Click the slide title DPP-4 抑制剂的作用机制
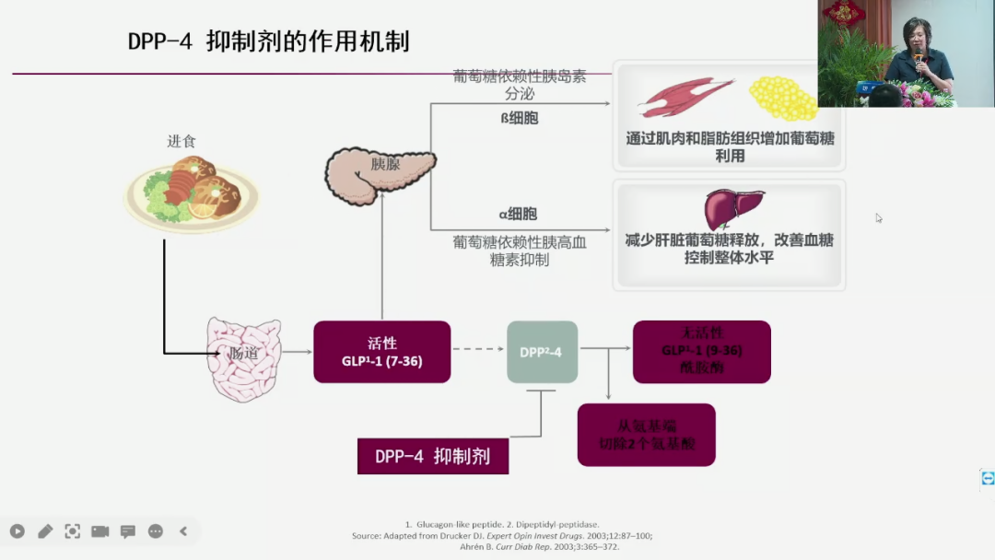(x=268, y=41)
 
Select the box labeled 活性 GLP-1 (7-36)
(x=381, y=351)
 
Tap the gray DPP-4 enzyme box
(x=542, y=352)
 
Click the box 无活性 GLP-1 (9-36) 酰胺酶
(x=701, y=351)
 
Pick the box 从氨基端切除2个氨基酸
(x=646, y=434)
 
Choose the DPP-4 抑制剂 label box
(x=432, y=456)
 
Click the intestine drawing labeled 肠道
(x=243, y=358)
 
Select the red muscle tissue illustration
(x=685, y=97)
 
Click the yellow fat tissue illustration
(x=782, y=98)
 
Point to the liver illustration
(x=733, y=207)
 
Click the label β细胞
(x=520, y=118)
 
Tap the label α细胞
(x=518, y=214)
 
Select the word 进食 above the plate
(x=181, y=141)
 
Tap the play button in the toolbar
(x=18, y=531)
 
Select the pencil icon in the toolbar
(x=45, y=531)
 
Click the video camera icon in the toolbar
(x=99, y=531)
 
